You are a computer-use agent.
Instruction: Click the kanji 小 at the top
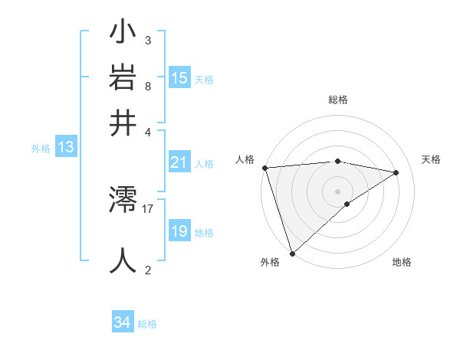pyautogui.click(x=123, y=34)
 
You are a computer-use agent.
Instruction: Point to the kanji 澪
pyautogui.click(x=123, y=202)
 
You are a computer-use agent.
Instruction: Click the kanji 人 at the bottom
pyautogui.click(x=123, y=260)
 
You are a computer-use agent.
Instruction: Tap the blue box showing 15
pyautogui.click(x=179, y=77)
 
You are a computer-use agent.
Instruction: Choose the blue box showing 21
pyautogui.click(x=179, y=162)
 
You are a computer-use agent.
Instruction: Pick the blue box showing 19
pyautogui.click(x=179, y=231)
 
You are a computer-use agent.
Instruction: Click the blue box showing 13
pyautogui.click(x=66, y=147)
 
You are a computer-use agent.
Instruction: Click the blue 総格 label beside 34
pyautogui.click(x=147, y=324)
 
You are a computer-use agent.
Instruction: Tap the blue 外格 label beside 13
pyautogui.click(x=40, y=149)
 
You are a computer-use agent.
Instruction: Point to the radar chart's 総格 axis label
pyautogui.click(x=338, y=100)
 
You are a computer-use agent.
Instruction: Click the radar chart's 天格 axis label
pyautogui.click(x=432, y=159)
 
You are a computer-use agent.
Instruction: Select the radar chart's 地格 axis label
pyautogui.click(x=402, y=262)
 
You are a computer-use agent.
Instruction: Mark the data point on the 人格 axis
pyautogui.click(x=264, y=168)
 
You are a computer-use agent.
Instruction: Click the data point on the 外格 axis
pyautogui.click(x=292, y=253)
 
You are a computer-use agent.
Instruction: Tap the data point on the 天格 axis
pyautogui.click(x=396, y=172)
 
